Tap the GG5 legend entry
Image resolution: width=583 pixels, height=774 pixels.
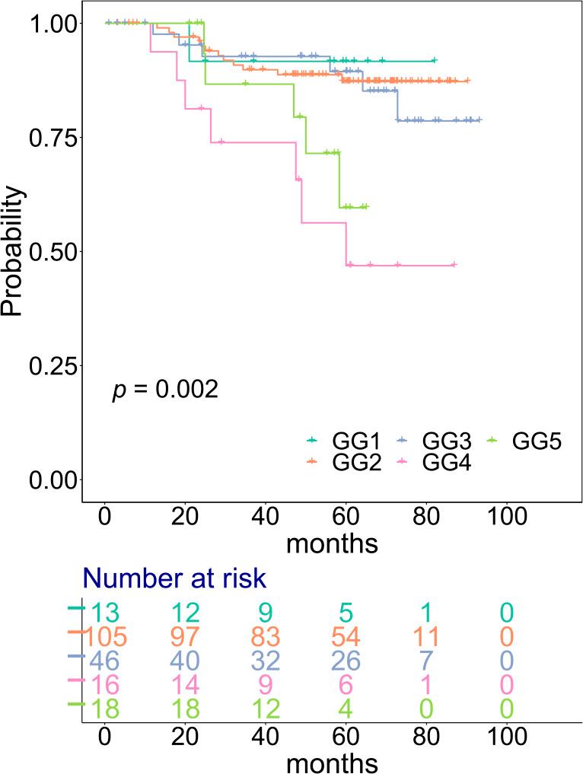click(524, 441)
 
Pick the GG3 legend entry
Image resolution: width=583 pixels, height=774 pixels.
click(435, 441)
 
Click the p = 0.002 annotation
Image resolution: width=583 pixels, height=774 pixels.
click(165, 390)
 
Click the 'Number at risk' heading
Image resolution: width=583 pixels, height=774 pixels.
click(174, 578)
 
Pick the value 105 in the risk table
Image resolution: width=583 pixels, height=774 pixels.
click(104, 635)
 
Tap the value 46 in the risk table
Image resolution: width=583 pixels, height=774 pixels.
click(104, 660)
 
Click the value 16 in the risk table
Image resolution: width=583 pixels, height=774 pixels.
click(104, 684)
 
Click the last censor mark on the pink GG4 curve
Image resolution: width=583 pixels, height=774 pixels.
click(454, 265)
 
